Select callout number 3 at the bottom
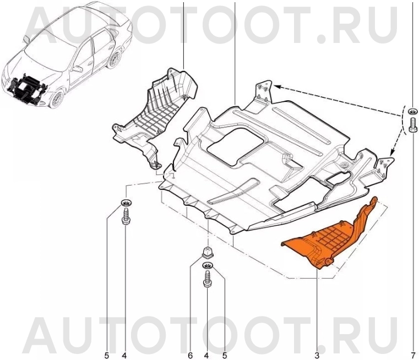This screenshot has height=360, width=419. click(317, 355)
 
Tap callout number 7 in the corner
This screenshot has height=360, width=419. click(413, 355)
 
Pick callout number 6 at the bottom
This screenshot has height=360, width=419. click(190, 355)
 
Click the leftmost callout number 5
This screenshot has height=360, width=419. click(107, 355)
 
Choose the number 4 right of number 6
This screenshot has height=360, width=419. click(206, 355)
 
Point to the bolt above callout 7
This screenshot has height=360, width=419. click(412, 124)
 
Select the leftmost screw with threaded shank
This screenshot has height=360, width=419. click(126, 216)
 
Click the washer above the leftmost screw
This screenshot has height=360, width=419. click(127, 203)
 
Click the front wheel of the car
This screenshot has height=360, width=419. click(56, 99)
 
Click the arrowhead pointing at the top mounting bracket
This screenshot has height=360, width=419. click(276, 86)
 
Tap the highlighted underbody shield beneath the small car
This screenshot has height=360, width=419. click(26, 88)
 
